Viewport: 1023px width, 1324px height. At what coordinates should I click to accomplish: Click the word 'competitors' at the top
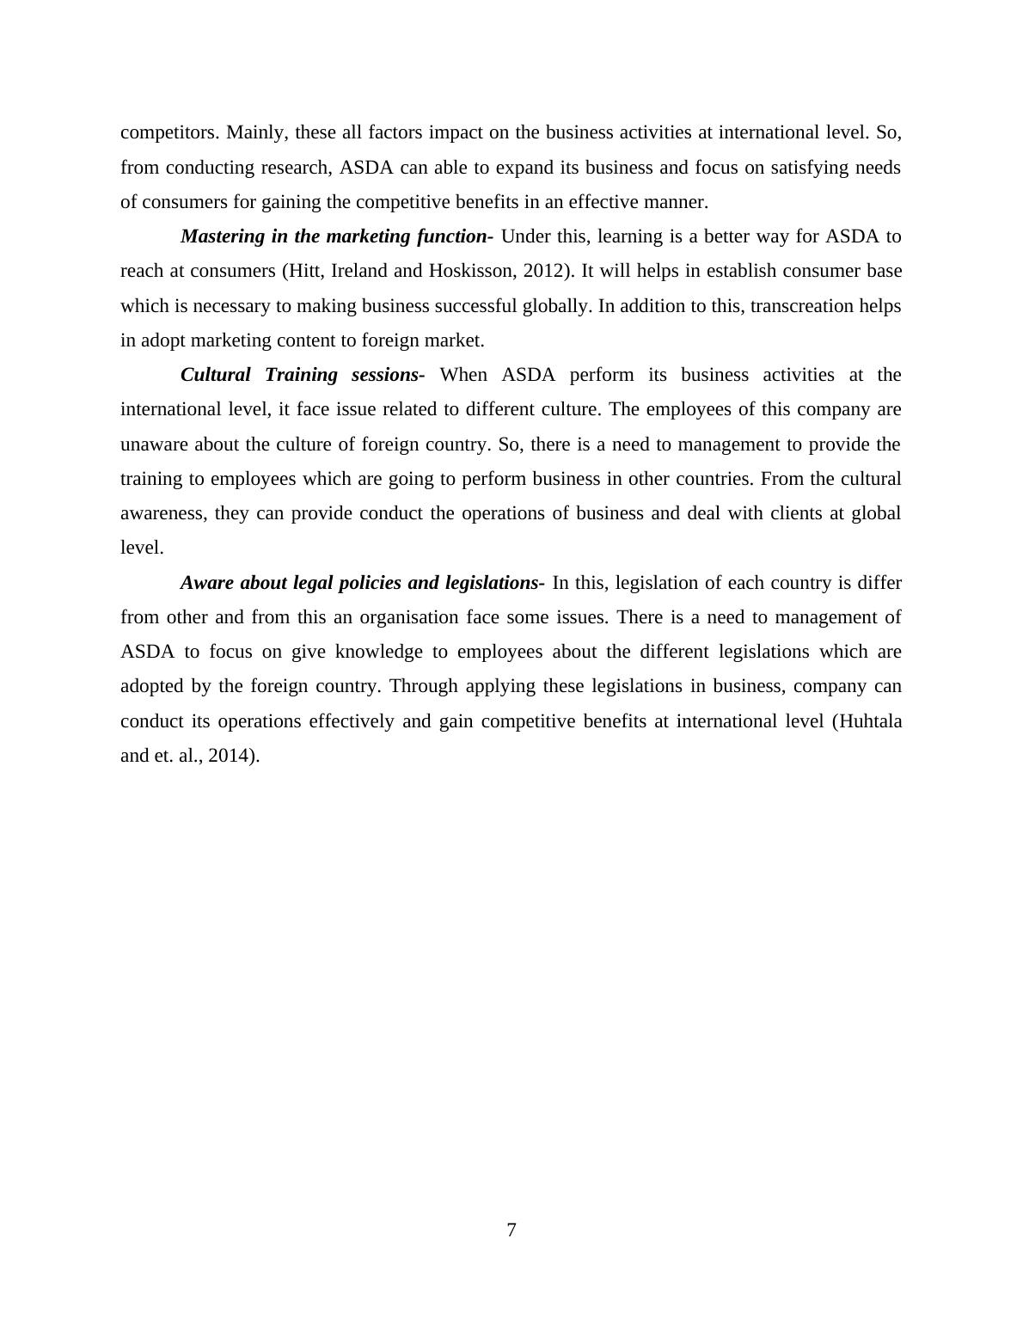[x=169, y=132]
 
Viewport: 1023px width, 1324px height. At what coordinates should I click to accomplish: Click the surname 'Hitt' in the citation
[x=304, y=271]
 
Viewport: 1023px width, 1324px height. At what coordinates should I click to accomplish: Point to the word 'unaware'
[x=154, y=444]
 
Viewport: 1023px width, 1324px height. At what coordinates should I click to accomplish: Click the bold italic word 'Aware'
[x=207, y=583]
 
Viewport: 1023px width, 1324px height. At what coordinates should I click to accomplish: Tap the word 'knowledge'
[x=379, y=652]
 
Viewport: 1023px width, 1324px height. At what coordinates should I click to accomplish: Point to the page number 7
[x=512, y=1230]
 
